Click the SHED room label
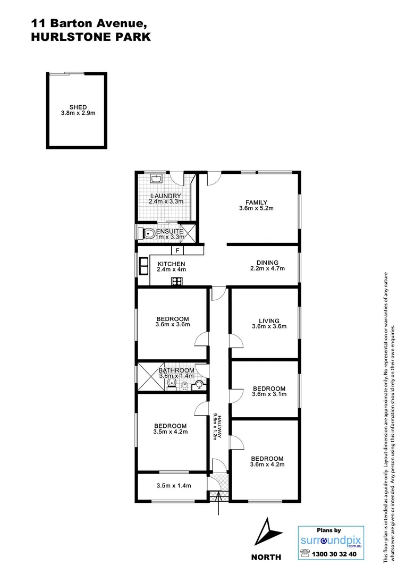coord(78,107)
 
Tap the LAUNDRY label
coord(166,196)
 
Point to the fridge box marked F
coord(177,251)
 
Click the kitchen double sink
coord(143,266)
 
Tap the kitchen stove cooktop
coord(176,282)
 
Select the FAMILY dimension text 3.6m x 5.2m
coord(256,208)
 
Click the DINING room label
coord(267,263)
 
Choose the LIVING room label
coord(269,320)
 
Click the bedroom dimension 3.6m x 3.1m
coord(269,394)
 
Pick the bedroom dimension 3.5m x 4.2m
coord(171,432)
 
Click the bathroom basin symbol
coord(199,385)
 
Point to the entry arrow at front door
coord(219,508)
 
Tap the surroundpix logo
coord(327,539)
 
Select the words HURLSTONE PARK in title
coord(90,37)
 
